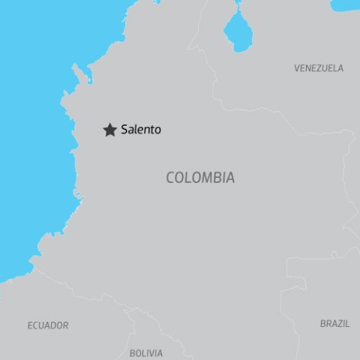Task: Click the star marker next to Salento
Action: [109, 130]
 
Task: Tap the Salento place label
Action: [141, 130]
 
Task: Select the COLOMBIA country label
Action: [200, 178]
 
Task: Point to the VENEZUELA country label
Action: [319, 68]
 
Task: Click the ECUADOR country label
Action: [48, 325]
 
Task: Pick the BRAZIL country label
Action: [334, 324]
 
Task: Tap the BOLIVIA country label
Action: [146, 352]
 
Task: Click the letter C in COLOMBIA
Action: [170, 178]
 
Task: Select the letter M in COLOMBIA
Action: [207, 178]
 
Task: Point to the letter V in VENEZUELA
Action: [297, 68]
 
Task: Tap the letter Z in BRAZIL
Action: [341, 324]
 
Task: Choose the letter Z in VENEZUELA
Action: [320, 68]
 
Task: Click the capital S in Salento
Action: [124, 130]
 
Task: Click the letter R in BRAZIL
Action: [328, 324]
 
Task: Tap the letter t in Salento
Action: [152, 130]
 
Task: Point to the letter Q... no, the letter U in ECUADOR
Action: [41, 325]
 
